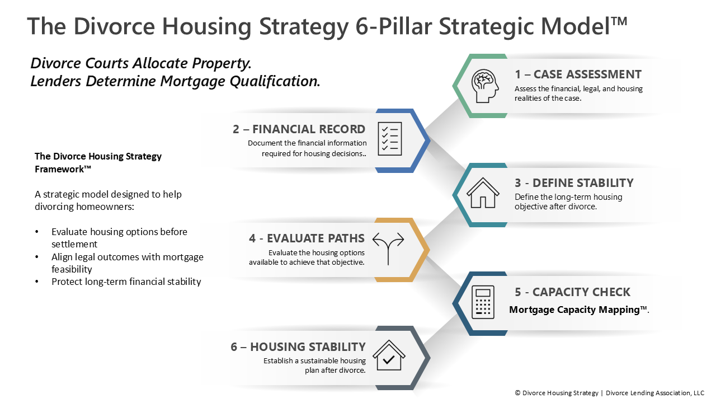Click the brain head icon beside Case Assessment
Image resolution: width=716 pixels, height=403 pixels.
tap(485, 86)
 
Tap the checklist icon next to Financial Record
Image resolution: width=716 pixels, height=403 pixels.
tap(390, 139)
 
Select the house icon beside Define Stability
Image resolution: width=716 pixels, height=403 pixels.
tap(483, 193)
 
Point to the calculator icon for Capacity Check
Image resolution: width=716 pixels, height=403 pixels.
tap(483, 302)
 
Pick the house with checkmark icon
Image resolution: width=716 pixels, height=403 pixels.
tap(389, 355)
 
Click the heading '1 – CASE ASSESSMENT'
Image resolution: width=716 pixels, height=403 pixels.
tap(578, 74)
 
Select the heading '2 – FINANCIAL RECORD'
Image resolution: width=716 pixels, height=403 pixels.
tap(299, 129)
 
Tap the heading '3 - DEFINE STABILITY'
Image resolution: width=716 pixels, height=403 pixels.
tap(574, 182)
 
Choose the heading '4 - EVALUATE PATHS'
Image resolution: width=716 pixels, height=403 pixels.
tap(307, 238)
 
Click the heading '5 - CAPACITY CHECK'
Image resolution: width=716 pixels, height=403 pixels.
tap(572, 292)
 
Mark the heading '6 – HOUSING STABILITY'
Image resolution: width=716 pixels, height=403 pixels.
tap(298, 346)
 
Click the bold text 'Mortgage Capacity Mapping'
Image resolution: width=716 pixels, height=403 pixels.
tap(574, 310)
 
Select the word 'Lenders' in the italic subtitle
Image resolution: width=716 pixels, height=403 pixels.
tap(55, 81)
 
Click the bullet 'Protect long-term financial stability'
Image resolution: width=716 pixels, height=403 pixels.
tap(126, 282)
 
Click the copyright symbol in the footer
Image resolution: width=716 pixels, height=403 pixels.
tap(517, 393)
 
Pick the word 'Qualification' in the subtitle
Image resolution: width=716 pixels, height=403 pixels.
tap(274, 81)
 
